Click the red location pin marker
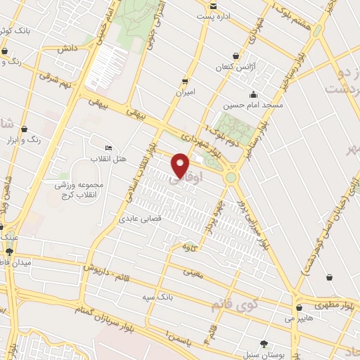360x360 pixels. point(181,165)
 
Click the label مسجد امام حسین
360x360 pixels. point(253,105)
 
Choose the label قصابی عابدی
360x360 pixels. point(140,219)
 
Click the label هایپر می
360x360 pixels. point(300,319)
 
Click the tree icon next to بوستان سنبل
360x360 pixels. point(264,343)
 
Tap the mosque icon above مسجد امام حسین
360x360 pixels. point(253,95)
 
